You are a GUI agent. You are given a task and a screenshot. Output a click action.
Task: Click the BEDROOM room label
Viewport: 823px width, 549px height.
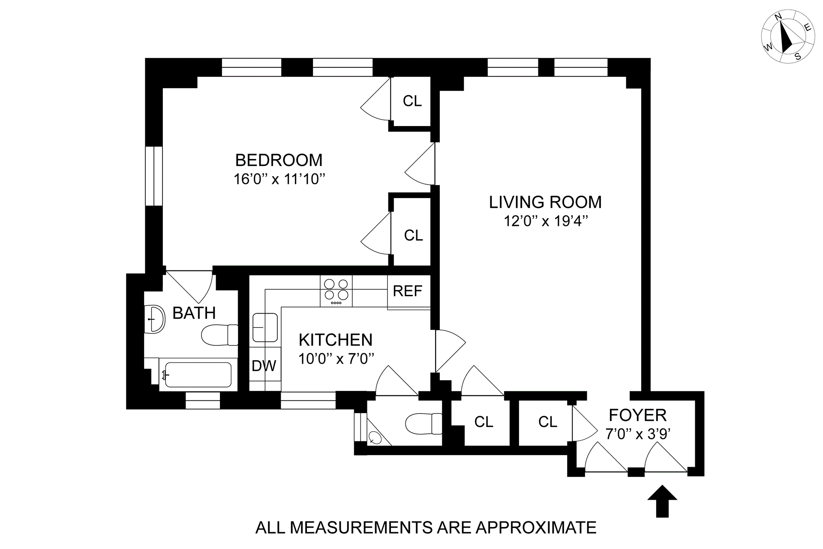point(279,160)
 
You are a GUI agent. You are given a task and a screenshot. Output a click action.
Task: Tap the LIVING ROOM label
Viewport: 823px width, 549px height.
point(545,202)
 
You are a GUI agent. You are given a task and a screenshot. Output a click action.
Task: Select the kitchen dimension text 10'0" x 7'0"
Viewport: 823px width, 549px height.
point(336,358)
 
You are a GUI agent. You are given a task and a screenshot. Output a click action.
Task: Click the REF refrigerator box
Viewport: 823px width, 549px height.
point(408,291)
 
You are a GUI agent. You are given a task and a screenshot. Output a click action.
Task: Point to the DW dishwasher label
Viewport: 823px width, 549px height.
point(264,366)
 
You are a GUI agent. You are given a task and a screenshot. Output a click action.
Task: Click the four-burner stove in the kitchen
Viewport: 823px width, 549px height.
point(336,291)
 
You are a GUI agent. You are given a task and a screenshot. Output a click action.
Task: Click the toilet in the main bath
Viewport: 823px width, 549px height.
point(220,335)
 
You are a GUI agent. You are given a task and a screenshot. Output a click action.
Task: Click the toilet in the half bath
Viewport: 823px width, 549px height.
point(424,423)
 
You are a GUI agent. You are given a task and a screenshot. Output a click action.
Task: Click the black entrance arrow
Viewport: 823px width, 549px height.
point(662,501)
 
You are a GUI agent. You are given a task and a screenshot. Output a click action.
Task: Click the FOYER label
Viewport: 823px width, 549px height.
point(638,415)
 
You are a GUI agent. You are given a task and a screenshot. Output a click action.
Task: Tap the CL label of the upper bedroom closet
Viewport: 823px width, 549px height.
point(412,101)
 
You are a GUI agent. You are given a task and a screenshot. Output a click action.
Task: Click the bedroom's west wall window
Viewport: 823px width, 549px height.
point(154,176)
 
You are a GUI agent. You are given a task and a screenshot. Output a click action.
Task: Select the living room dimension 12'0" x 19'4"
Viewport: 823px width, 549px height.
point(545,222)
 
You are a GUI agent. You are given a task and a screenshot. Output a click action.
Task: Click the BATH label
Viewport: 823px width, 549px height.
point(194,313)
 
